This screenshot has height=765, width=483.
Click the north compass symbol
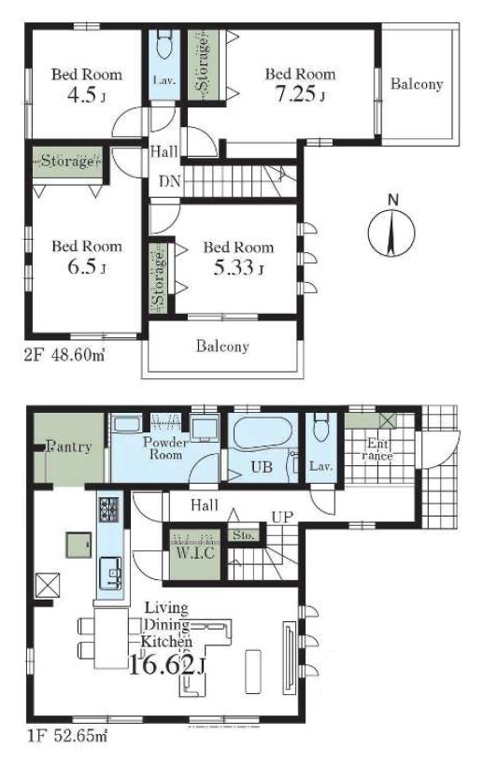click(391, 232)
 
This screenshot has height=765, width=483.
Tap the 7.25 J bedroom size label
click(300, 93)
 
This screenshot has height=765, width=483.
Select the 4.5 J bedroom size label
click(86, 94)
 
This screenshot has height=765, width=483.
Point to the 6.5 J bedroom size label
click(87, 266)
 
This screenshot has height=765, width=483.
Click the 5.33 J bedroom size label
click(238, 267)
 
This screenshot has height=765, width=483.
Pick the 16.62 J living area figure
click(166, 665)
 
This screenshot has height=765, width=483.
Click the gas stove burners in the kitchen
click(108, 509)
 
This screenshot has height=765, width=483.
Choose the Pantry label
click(69, 446)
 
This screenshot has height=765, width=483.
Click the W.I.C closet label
click(195, 553)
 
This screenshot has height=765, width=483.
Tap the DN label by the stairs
click(169, 182)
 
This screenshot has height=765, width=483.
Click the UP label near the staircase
click(282, 517)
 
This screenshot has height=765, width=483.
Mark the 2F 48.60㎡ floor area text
click(64, 355)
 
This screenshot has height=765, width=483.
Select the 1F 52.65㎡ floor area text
click(65, 734)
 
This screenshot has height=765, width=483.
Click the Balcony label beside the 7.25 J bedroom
click(417, 84)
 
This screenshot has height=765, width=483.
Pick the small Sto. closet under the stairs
click(244, 534)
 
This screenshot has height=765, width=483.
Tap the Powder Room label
click(165, 448)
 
